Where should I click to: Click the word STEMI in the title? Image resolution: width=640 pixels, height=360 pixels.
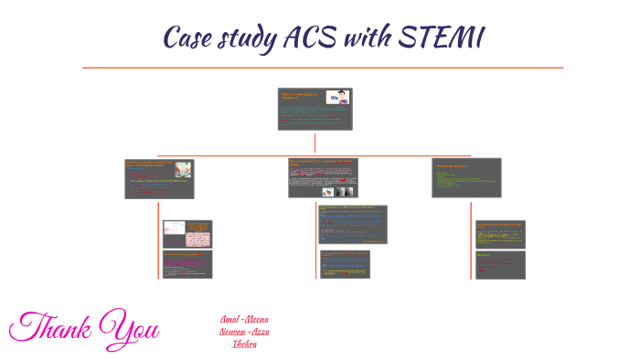click(x=443, y=37)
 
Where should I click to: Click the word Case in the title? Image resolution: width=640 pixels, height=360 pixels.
click(x=189, y=37)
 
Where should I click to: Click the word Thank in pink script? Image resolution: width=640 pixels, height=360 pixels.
click(x=49, y=327)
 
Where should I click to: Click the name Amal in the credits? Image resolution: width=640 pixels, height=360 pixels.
click(x=229, y=319)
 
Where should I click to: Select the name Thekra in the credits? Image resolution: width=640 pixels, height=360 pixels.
click(x=244, y=343)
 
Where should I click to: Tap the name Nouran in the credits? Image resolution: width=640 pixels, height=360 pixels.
click(x=231, y=331)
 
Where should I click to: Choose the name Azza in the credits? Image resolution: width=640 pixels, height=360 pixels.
click(x=260, y=331)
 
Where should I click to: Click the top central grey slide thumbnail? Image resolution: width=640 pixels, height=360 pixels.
click(x=315, y=110)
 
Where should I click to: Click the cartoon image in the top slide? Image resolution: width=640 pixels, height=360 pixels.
click(x=338, y=98)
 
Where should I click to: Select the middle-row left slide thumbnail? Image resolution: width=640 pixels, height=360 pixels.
click(x=159, y=178)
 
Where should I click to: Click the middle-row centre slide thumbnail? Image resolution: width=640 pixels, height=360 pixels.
click(x=323, y=178)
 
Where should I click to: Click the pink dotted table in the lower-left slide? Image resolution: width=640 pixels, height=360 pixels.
click(x=198, y=239)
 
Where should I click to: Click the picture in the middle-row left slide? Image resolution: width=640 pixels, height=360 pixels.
click(x=183, y=169)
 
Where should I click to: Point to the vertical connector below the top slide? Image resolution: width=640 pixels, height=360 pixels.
click(x=315, y=143)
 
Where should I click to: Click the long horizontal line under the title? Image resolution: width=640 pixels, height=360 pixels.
click(x=323, y=68)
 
